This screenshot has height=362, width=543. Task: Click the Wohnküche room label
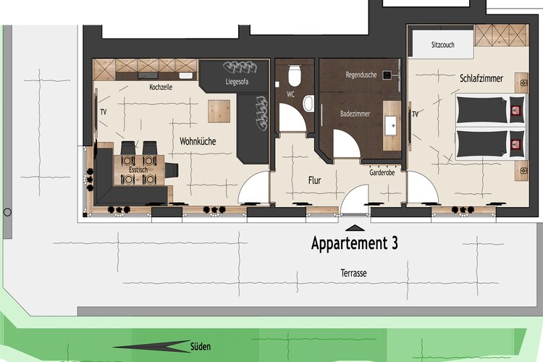coord(198,141)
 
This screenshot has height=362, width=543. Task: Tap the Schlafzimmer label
coord(481,78)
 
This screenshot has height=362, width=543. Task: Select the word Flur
coord(314,180)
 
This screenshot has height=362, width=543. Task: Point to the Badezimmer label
coord(355,114)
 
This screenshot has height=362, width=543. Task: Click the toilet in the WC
coord(294,75)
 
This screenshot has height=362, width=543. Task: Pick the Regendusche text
coord(361,75)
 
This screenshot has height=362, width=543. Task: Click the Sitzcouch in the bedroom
coord(443,45)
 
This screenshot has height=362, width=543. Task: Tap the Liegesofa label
coord(237,82)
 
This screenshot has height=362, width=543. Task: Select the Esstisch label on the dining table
coord(138,169)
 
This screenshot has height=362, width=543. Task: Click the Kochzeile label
coord(161,87)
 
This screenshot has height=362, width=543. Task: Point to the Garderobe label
coord(382,172)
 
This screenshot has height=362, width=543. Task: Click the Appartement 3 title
coord(355,243)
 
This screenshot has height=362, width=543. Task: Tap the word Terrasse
coord(353,273)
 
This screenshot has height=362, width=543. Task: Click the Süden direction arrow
coord(152,346)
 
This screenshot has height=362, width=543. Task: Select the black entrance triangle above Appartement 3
coord(355,228)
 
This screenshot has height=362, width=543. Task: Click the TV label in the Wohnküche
coord(104,112)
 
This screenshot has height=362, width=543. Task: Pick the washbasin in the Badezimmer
coord(392,126)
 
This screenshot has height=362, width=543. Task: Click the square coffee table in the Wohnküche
coord(219,111)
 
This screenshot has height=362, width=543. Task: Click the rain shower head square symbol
coord(387,75)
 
